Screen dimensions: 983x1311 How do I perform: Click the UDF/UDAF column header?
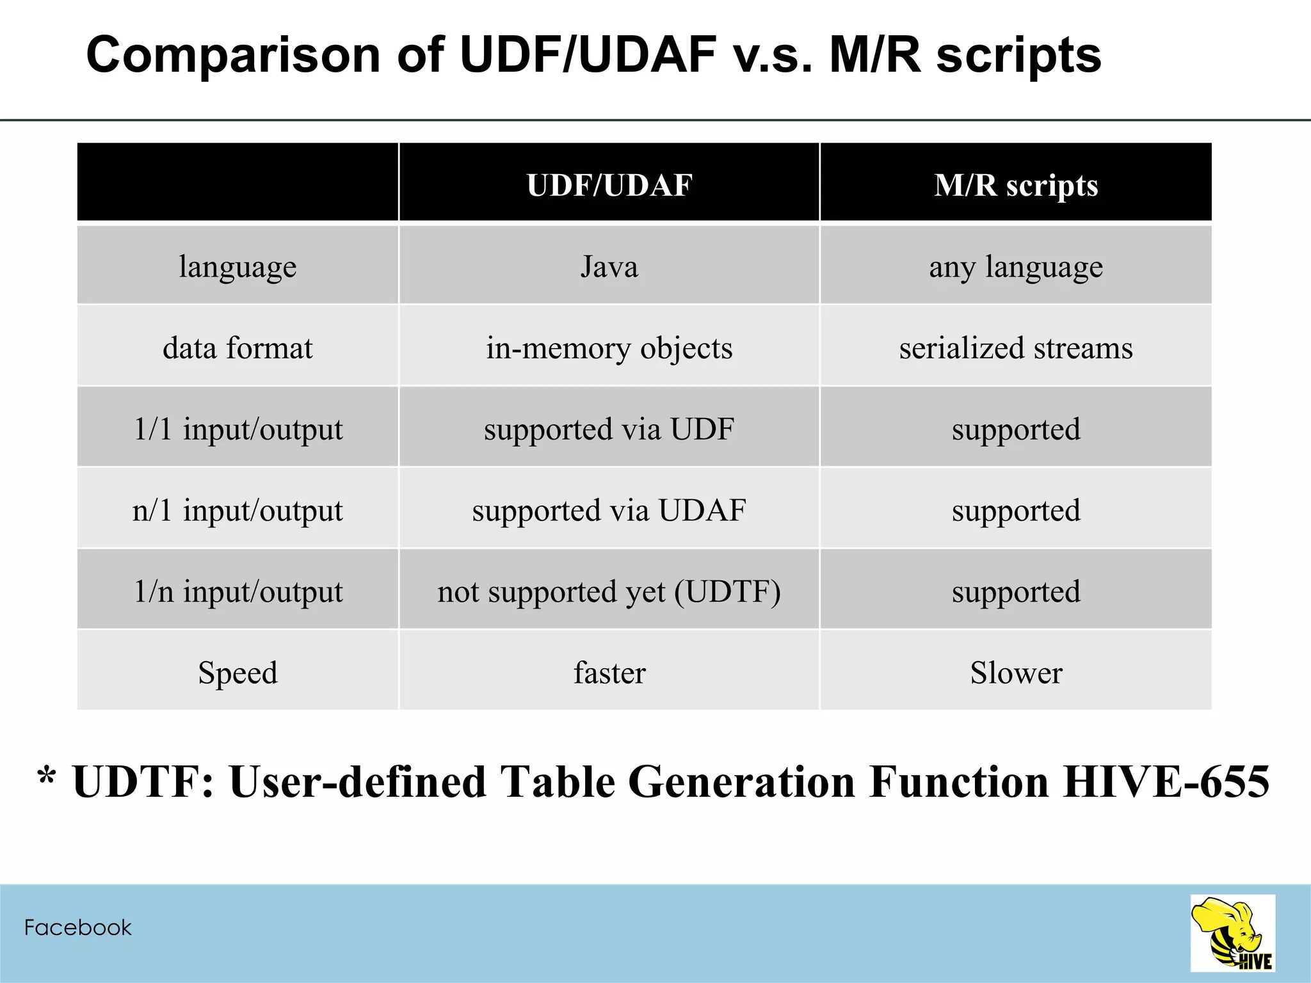609,185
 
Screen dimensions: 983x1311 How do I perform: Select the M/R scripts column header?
1016,185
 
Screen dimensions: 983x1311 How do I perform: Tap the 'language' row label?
237,266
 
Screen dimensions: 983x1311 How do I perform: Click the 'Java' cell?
609,266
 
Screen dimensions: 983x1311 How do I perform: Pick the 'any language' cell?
1016,266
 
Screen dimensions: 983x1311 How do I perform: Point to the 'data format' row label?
237,348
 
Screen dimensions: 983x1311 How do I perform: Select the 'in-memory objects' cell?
609,348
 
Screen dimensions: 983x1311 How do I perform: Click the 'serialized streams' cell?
1016,348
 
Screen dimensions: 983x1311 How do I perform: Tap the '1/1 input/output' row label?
237,429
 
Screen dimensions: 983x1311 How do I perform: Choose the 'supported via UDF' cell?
609,429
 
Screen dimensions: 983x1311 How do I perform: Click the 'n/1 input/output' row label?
237,510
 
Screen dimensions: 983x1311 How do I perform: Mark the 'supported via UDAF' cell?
609,510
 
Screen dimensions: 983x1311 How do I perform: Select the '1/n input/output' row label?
237,591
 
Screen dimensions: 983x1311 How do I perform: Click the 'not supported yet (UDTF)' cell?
609,591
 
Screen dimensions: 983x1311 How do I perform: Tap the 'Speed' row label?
237,673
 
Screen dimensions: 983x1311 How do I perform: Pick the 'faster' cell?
609,673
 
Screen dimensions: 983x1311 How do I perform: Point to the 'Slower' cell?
1016,673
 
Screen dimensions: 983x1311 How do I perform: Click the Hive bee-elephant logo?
1232,933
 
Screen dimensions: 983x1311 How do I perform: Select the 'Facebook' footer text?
77,927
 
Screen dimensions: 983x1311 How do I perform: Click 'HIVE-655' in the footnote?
1166,781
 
